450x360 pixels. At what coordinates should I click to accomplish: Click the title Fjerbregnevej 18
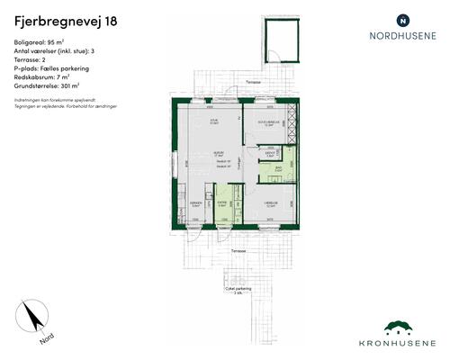(65, 20)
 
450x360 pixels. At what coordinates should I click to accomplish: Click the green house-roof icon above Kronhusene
(402, 328)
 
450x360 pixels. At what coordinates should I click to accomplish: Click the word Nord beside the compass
(46, 340)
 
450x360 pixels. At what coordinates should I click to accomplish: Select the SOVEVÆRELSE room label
(268, 121)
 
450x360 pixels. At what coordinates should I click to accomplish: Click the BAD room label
(280, 167)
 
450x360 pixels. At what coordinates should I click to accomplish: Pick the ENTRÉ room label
(222, 203)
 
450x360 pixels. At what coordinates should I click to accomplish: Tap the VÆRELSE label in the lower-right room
(269, 203)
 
